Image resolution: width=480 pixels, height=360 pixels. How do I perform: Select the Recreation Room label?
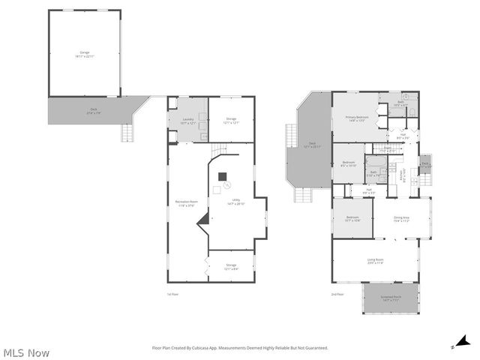[187, 203]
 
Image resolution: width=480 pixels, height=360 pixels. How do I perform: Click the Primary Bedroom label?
[355, 118]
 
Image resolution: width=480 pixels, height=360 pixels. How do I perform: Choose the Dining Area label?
[401, 219]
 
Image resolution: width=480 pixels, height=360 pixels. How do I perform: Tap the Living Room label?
[375, 262]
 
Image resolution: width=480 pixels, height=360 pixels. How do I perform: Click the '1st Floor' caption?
[172, 294]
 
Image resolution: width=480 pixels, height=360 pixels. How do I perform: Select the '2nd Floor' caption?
[337, 294]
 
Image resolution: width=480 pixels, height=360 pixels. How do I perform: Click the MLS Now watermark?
[26, 352]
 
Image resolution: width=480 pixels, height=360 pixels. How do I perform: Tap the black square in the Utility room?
[222, 177]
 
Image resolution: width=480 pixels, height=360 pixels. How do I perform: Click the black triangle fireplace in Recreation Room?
[202, 220]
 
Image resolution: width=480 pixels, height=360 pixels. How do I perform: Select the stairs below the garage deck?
[127, 133]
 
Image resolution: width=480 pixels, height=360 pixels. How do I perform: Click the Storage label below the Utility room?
[231, 267]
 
